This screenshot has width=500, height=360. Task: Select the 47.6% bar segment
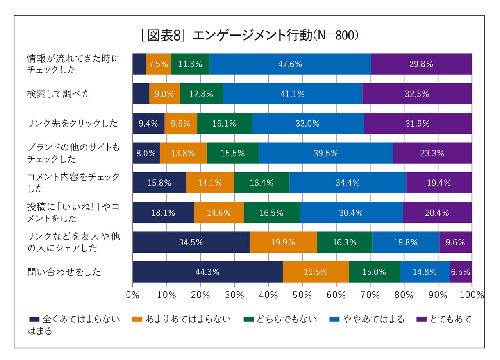point(290,64)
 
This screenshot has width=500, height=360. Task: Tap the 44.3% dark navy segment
point(207,272)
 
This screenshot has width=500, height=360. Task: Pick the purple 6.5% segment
point(461,272)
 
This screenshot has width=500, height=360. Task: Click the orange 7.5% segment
point(159,64)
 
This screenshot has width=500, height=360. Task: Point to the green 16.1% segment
point(224,124)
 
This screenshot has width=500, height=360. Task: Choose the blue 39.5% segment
point(326,153)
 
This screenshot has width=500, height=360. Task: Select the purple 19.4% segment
point(439,183)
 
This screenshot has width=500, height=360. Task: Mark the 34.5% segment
point(191,242)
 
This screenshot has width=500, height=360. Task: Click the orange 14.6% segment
point(219,213)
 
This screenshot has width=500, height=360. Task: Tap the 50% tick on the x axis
point(302,295)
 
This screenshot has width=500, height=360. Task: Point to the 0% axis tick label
point(133,295)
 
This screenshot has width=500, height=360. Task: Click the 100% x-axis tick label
point(471,295)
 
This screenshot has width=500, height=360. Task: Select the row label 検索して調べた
point(59,94)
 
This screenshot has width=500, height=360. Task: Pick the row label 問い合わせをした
point(64,272)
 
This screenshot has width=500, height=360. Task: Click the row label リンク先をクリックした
point(72,124)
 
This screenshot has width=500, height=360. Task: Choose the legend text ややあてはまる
point(373,319)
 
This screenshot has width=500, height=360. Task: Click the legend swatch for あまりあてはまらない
point(137,319)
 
